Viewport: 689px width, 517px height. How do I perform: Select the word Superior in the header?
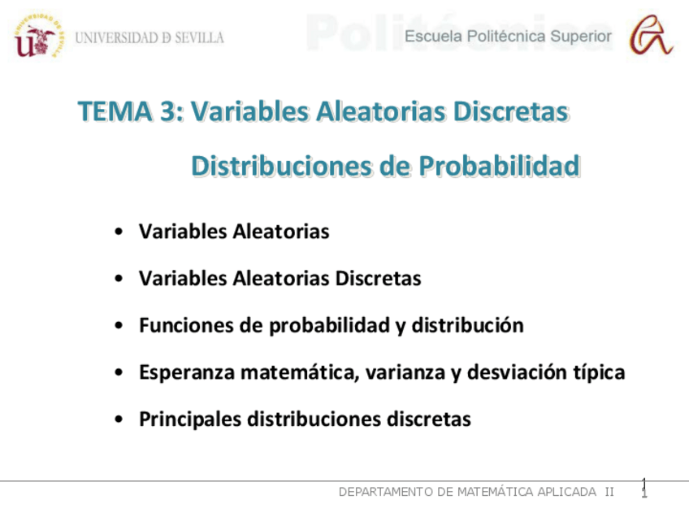(581, 36)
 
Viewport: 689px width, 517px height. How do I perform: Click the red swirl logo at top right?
(653, 36)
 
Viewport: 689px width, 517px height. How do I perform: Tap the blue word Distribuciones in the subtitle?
(281, 166)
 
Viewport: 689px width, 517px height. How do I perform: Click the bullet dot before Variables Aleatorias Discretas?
(119, 279)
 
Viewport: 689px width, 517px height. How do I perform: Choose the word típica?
(599, 373)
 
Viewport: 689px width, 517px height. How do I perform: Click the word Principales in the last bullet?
(189, 419)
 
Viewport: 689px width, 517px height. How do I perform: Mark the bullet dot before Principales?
(119, 419)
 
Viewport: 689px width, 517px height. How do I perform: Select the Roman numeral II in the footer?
(609, 492)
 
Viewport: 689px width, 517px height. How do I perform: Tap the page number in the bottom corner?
(643, 488)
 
